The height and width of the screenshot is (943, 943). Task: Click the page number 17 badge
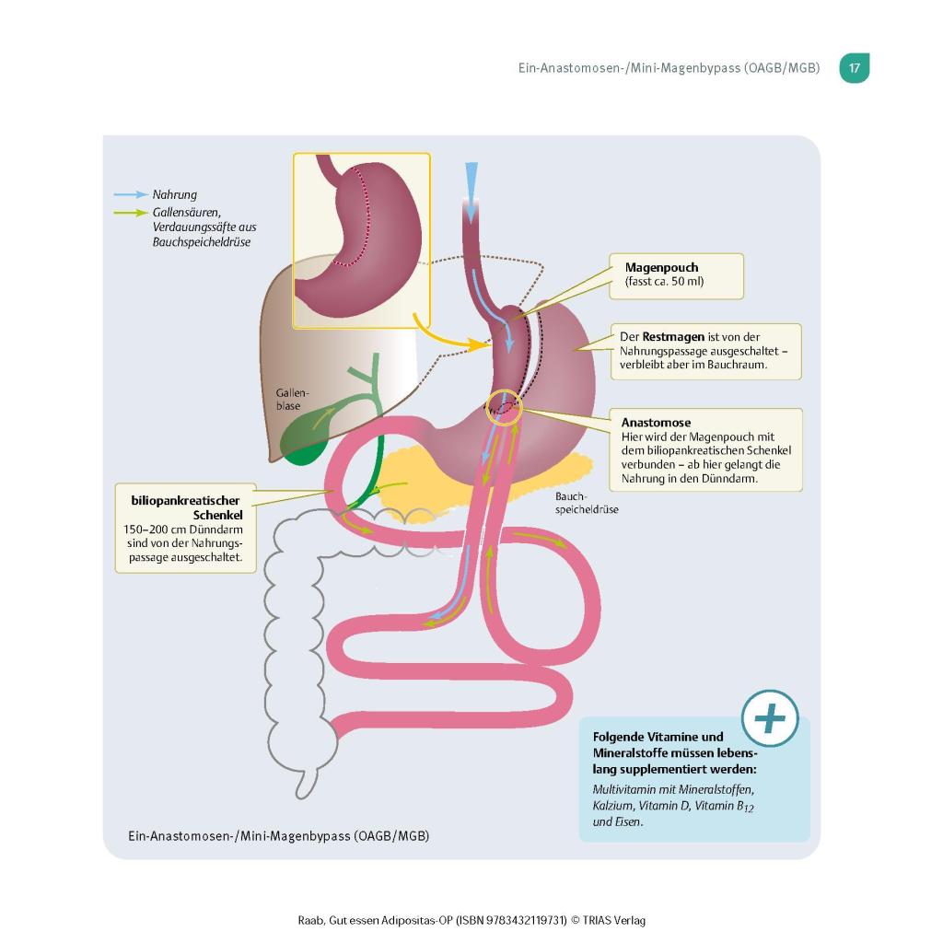click(x=855, y=68)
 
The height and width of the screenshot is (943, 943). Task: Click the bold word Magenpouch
click(x=661, y=268)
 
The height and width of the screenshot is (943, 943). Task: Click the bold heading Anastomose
click(x=656, y=423)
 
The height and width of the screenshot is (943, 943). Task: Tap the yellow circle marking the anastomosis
click(x=504, y=404)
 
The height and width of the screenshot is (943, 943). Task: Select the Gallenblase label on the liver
click(x=293, y=399)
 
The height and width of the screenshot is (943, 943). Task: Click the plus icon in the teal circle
click(x=770, y=716)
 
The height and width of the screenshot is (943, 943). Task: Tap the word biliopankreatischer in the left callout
click(x=184, y=501)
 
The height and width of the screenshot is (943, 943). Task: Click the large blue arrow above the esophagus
click(x=471, y=189)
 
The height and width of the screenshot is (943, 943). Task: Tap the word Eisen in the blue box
click(x=629, y=822)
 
